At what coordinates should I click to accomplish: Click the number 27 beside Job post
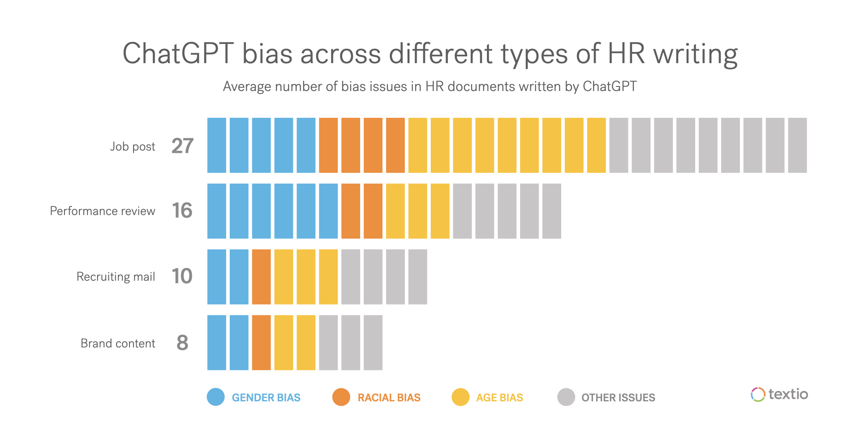182,146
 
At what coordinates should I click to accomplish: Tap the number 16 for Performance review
182,211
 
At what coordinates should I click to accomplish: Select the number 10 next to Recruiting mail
182,276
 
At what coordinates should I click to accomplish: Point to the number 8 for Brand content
182,343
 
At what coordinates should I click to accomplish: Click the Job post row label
133,146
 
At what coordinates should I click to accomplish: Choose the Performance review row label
103,211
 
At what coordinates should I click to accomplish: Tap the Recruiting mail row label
116,277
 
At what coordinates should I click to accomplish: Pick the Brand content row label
118,343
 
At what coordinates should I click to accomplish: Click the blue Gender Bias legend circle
216,397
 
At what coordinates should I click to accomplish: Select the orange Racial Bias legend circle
341,397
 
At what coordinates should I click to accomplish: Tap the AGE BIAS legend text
499,398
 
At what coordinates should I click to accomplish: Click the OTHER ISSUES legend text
618,398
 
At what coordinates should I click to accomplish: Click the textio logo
779,394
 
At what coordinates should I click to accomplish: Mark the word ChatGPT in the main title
178,54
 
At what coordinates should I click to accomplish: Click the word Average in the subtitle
247,86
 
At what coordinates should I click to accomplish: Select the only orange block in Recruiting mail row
262,277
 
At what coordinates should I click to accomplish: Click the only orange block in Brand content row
262,343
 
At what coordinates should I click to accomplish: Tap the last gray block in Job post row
797,146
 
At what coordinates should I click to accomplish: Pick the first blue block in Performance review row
217,211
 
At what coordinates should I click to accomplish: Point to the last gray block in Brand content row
373,343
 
